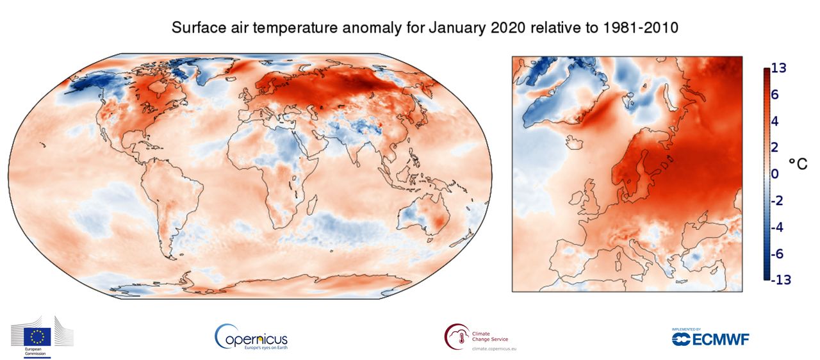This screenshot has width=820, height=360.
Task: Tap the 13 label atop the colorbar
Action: (x=778, y=67)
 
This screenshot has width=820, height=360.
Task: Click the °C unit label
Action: (x=798, y=163)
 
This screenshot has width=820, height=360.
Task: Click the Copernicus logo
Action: (x=251, y=336)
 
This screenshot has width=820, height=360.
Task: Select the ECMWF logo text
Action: (x=717, y=339)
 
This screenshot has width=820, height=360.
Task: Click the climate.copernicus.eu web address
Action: (x=494, y=348)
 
